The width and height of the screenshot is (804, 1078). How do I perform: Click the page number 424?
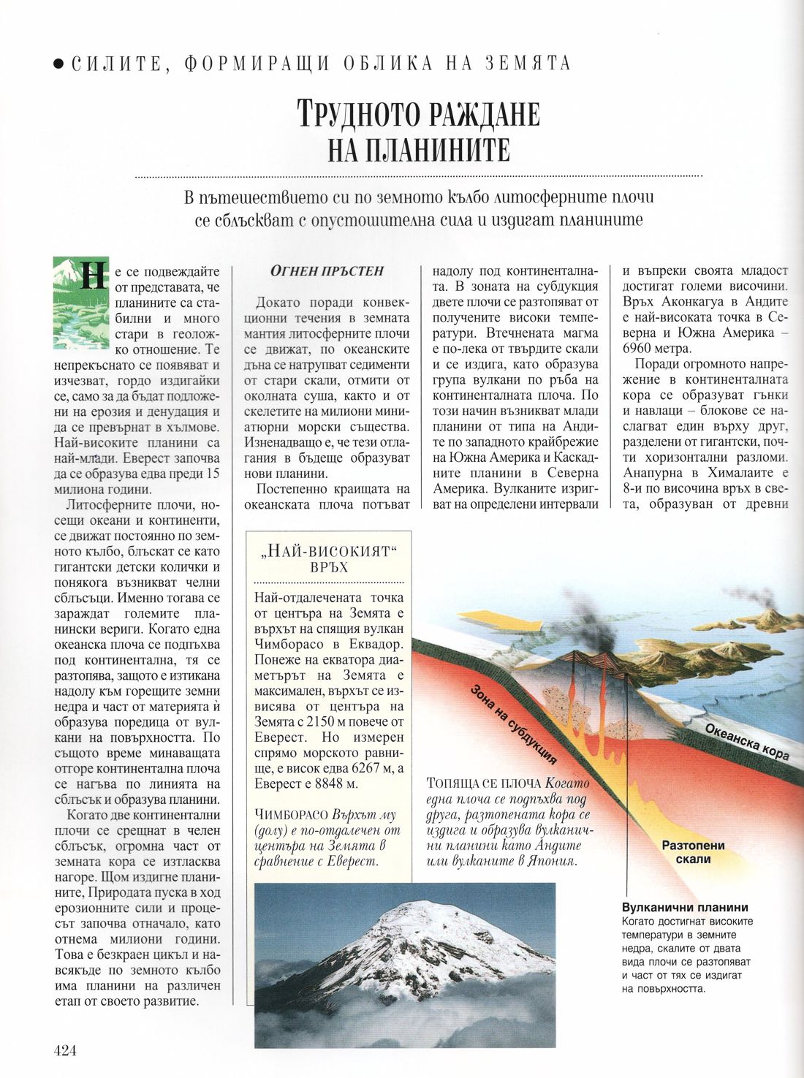pyautogui.click(x=65, y=1050)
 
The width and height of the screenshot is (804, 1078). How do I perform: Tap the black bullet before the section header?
pyautogui.click(x=58, y=64)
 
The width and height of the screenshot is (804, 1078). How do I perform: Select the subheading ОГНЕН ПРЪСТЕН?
pyautogui.click(x=327, y=271)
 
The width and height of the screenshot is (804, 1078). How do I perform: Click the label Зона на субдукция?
pyautogui.click(x=512, y=723)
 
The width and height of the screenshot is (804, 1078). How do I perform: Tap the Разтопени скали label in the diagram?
pyautogui.click(x=693, y=852)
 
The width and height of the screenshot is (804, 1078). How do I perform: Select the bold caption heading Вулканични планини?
pyautogui.click(x=685, y=908)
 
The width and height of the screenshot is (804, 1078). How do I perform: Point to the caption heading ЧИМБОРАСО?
pyautogui.click(x=291, y=815)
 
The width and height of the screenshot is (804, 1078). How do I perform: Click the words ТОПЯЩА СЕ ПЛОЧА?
pyautogui.click(x=483, y=783)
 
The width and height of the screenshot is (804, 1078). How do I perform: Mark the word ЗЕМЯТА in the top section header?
pyautogui.click(x=528, y=64)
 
